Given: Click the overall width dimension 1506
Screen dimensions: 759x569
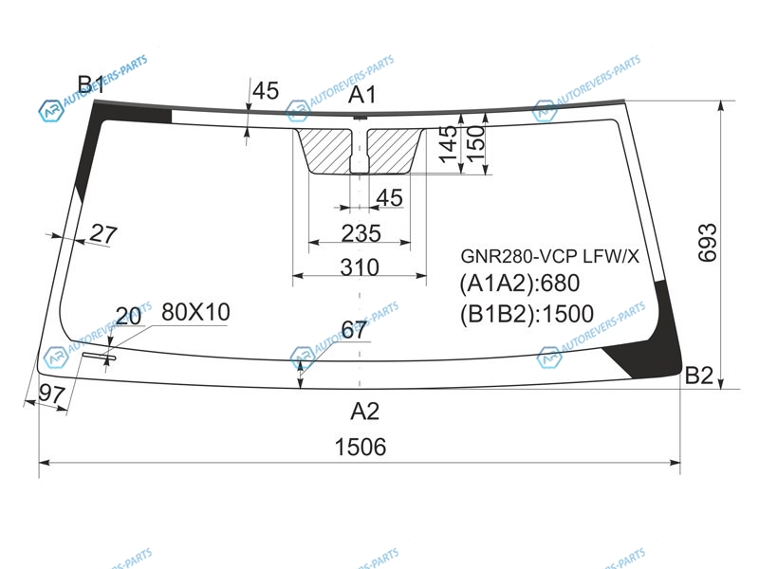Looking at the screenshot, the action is tap(361, 447).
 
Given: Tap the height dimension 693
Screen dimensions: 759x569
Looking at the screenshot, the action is tap(707, 243).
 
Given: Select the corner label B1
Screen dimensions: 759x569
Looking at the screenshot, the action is tap(91, 84).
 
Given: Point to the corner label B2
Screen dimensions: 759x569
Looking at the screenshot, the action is tap(699, 376).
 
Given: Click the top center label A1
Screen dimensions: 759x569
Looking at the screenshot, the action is tap(362, 94).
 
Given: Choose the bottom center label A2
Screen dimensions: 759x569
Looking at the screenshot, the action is tap(365, 412).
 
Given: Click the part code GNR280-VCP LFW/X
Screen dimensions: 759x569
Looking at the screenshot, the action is tap(550, 256).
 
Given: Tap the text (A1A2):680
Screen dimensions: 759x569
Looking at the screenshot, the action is tap(519, 283).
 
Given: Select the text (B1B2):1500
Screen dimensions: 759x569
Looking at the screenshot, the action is tap(527, 314).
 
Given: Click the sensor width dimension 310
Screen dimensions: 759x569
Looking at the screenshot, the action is tap(360, 267).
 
